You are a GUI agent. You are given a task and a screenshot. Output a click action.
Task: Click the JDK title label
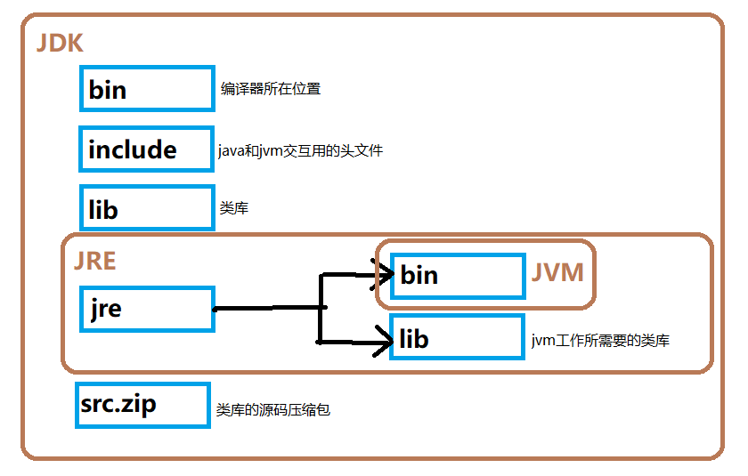[60, 44]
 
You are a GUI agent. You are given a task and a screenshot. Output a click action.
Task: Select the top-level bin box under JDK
[147, 88]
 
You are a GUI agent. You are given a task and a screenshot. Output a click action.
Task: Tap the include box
[147, 149]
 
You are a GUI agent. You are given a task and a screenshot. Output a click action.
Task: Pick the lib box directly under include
[147, 209]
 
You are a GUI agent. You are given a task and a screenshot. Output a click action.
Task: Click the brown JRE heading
[94, 260]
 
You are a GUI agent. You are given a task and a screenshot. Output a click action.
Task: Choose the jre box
[147, 309]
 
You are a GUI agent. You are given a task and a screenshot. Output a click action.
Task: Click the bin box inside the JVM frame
[458, 275]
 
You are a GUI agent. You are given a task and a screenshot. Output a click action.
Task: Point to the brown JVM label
[557, 272]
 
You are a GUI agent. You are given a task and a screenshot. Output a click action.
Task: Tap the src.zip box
[142, 405]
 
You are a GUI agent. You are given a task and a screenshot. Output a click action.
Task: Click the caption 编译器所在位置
[271, 89]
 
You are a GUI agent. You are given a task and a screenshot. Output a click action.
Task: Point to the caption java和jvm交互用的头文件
[300, 151]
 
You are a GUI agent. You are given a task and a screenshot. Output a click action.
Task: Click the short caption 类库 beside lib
[233, 209]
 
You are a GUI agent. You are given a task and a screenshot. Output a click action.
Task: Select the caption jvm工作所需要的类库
[600, 340]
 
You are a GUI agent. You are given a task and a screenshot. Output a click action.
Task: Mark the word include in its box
[133, 149]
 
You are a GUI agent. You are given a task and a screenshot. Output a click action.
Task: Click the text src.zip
[118, 404]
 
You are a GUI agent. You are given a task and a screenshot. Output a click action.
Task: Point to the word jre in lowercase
[105, 309]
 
